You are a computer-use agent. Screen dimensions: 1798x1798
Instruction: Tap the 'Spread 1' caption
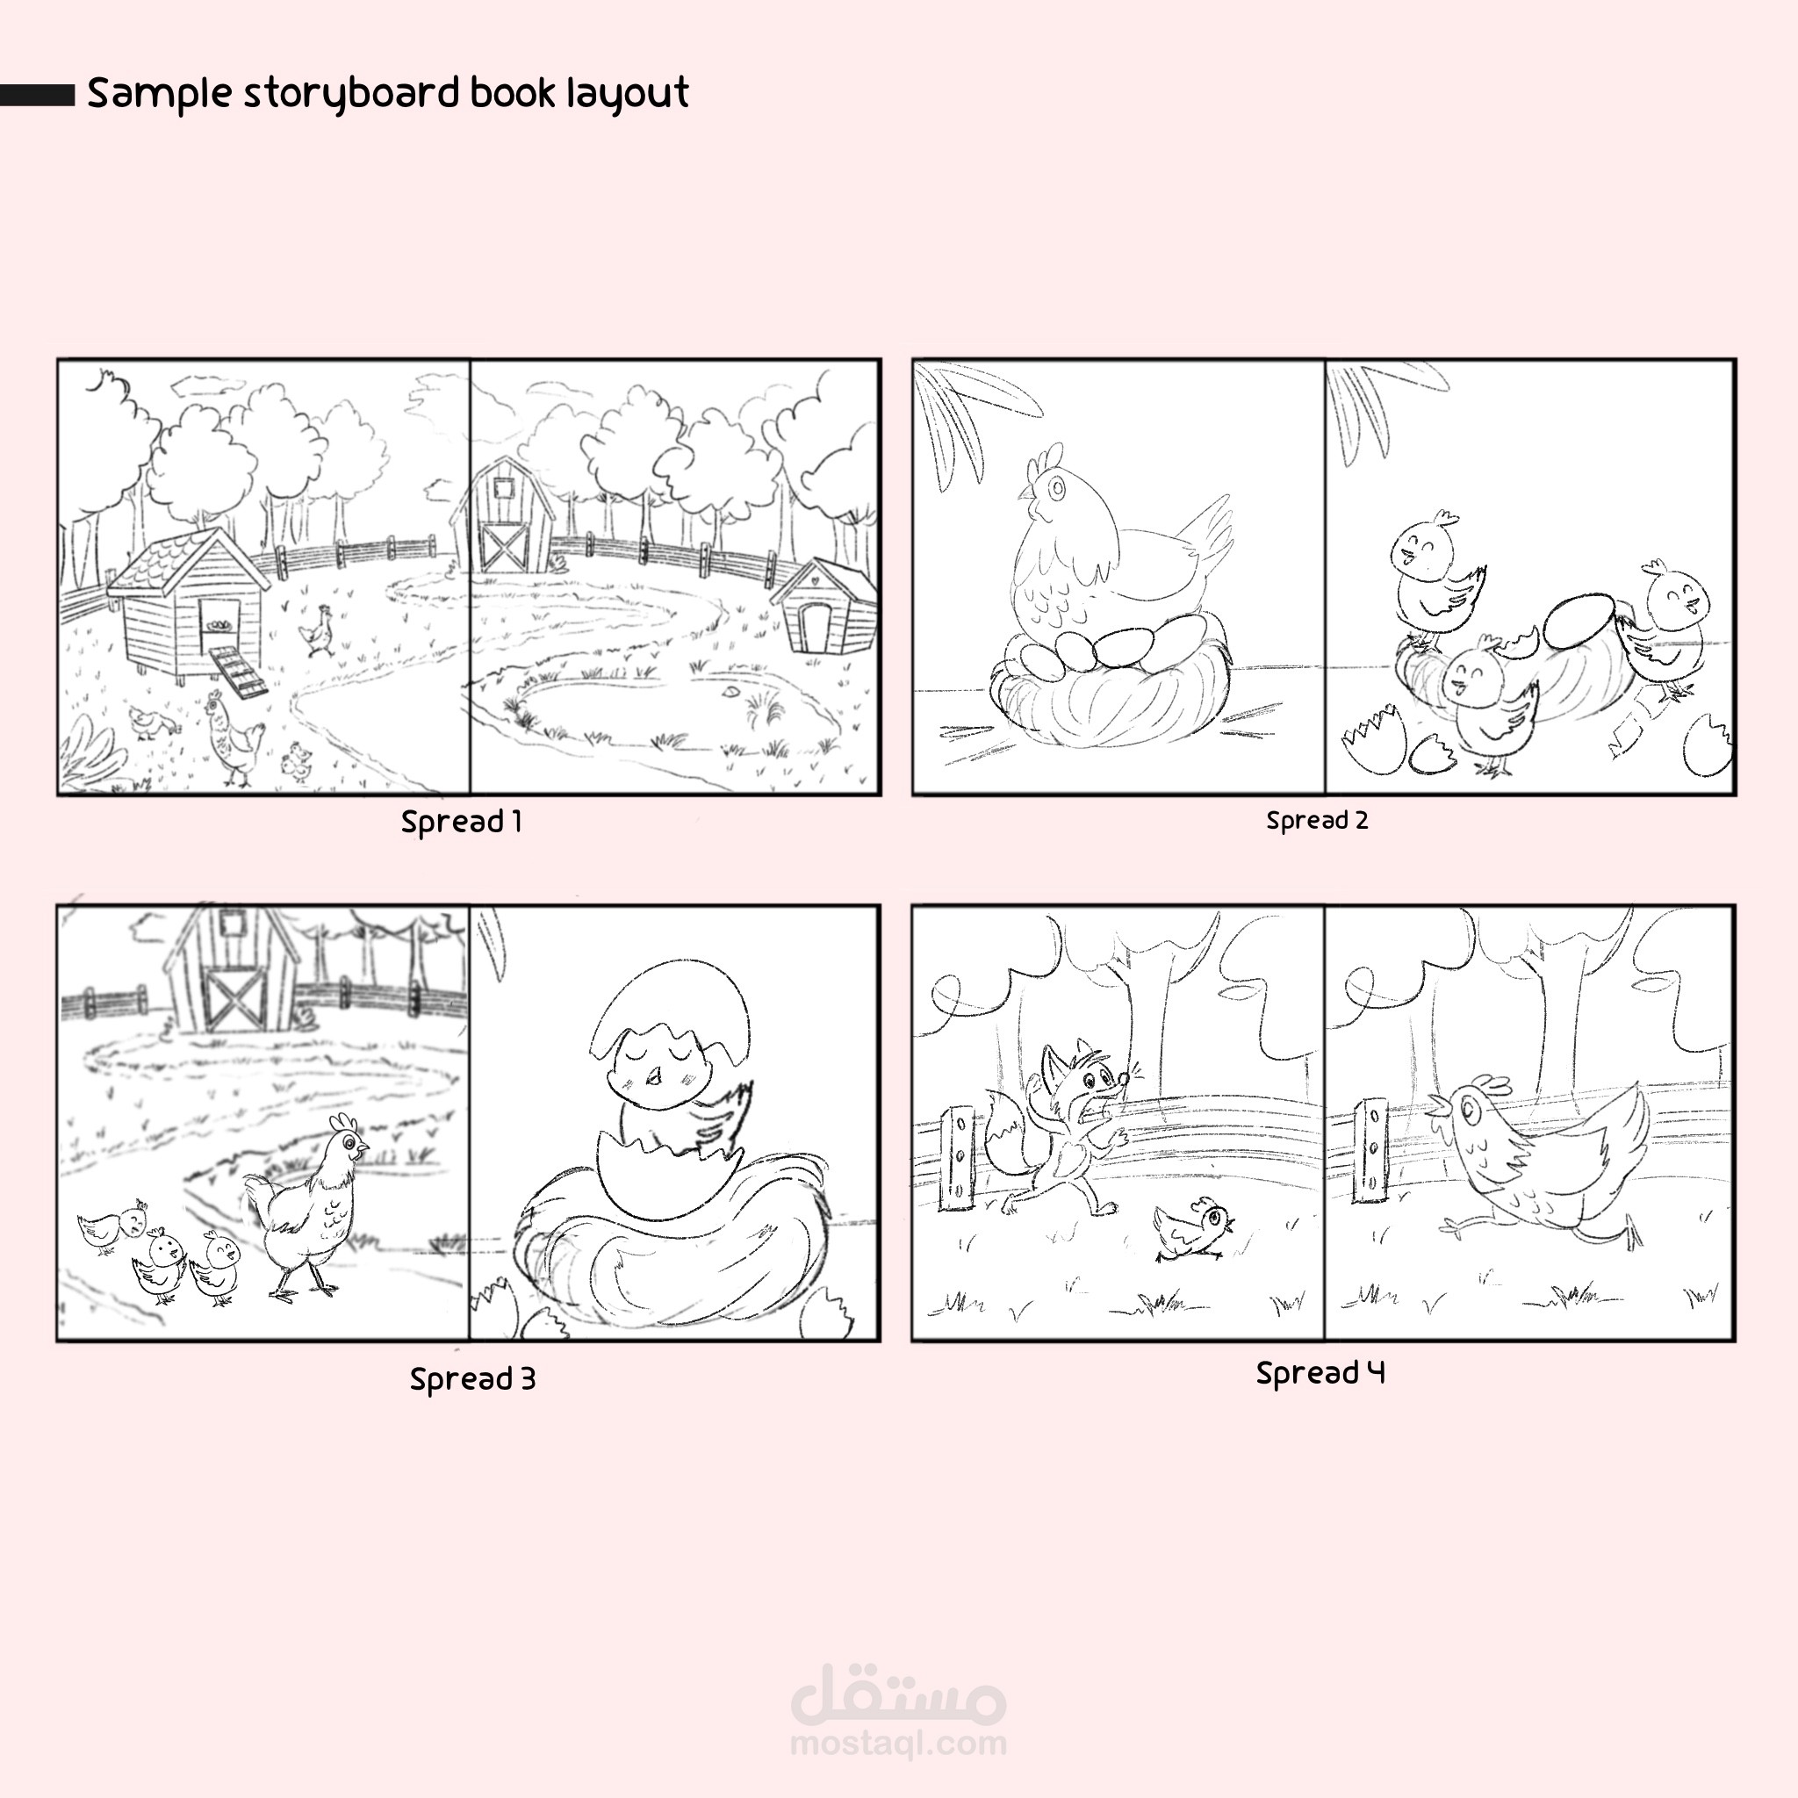point(462,822)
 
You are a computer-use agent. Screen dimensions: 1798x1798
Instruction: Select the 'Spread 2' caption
point(1317,821)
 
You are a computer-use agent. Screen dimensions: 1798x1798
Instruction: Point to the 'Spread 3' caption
point(473,1379)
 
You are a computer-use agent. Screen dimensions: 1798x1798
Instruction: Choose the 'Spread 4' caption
point(1320,1373)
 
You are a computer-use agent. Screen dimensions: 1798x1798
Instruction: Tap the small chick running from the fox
point(1193,1228)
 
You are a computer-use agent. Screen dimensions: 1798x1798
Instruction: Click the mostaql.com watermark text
point(898,1742)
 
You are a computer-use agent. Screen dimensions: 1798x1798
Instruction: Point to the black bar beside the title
point(37,95)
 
